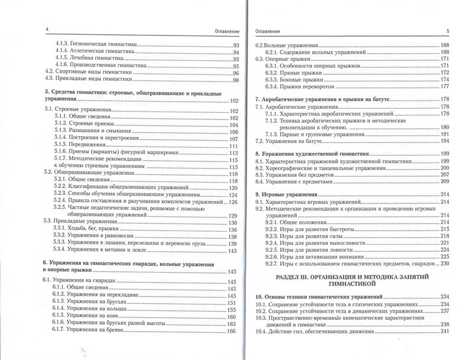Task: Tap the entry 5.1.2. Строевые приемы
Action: coord(88,125)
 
